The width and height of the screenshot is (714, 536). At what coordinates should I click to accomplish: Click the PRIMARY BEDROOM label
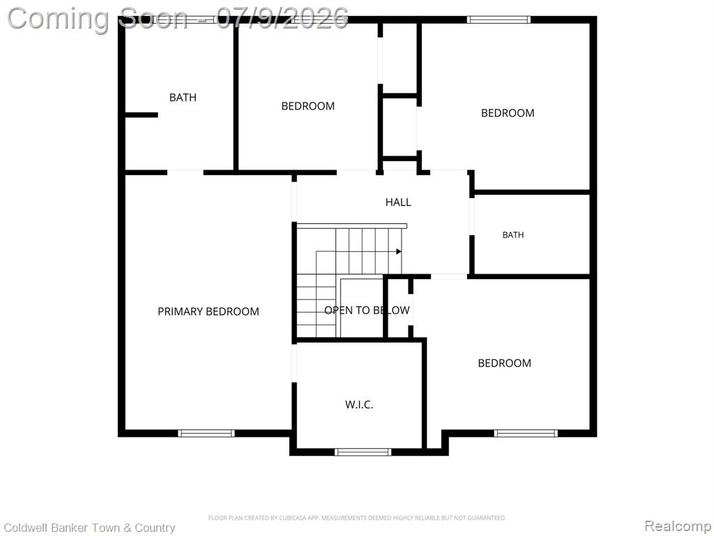click(208, 311)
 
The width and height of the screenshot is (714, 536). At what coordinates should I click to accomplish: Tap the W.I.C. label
click(359, 404)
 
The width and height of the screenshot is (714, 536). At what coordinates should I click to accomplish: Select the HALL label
click(398, 202)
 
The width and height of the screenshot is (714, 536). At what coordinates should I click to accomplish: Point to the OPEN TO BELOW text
click(367, 311)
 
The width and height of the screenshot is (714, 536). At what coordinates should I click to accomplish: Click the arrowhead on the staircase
click(399, 251)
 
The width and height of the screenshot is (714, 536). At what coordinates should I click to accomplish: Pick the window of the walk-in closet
click(363, 452)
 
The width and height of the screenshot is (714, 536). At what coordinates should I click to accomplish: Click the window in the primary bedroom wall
click(206, 433)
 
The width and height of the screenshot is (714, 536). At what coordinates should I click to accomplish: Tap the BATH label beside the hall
click(512, 234)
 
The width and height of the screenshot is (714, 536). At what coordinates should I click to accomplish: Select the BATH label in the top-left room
click(183, 97)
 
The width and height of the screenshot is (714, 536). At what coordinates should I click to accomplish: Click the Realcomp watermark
click(678, 526)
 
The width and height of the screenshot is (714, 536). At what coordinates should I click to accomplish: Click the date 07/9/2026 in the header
click(282, 18)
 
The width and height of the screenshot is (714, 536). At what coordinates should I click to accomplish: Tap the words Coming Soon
click(97, 19)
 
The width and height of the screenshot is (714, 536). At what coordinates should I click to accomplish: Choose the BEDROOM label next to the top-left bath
click(307, 106)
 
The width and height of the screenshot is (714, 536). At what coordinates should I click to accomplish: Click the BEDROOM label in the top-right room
click(508, 112)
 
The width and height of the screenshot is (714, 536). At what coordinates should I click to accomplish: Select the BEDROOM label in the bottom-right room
click(504, 363)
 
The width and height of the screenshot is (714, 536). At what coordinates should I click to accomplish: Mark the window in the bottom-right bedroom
click(526, 433)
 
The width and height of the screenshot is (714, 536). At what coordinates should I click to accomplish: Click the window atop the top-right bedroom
click(499, 20)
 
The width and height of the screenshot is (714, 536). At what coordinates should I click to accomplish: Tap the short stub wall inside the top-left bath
click(142, 115)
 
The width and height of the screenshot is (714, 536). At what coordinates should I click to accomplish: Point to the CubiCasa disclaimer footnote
click(357, 518)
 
